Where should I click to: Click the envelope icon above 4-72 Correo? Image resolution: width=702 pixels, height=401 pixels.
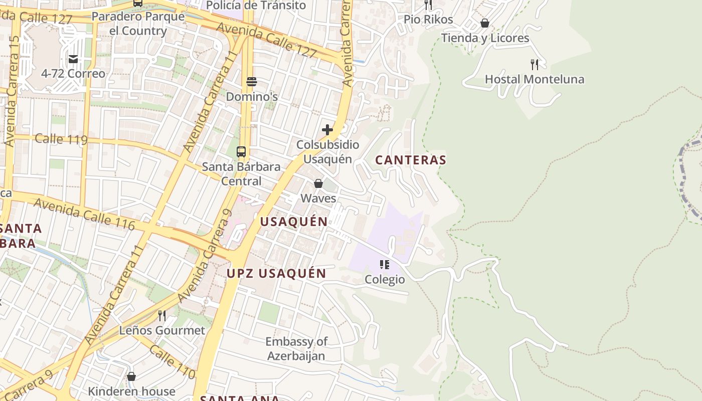(73, 59)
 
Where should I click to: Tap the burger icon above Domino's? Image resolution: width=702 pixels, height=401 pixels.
(252, 82)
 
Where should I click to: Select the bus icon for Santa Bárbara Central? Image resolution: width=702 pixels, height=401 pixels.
(241, 152)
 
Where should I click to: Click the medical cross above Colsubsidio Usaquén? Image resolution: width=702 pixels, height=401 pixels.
(327, 130)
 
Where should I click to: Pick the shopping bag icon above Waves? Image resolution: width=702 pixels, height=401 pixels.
(318, 183)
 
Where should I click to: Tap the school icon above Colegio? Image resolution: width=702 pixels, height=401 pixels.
(385, 264)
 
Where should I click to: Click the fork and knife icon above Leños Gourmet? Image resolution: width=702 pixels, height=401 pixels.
(162, 315)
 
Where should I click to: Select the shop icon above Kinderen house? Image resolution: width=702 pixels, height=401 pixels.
(131, 376)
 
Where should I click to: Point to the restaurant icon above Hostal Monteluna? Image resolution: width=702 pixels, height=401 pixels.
(535, 64)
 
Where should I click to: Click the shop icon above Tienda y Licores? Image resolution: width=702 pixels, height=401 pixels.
(485, 23)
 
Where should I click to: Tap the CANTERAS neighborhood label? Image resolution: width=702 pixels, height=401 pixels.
(411, 160)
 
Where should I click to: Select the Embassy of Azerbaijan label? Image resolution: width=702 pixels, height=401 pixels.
(296, 349)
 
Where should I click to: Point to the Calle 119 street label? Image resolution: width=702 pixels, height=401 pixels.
(61, 139)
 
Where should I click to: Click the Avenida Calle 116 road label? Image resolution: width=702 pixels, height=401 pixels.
(84, 214)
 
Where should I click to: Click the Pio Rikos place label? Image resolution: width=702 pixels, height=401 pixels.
(428, 20)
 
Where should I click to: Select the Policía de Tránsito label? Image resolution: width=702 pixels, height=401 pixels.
(256, 6)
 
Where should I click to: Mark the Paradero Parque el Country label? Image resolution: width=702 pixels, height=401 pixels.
(138, 24)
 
